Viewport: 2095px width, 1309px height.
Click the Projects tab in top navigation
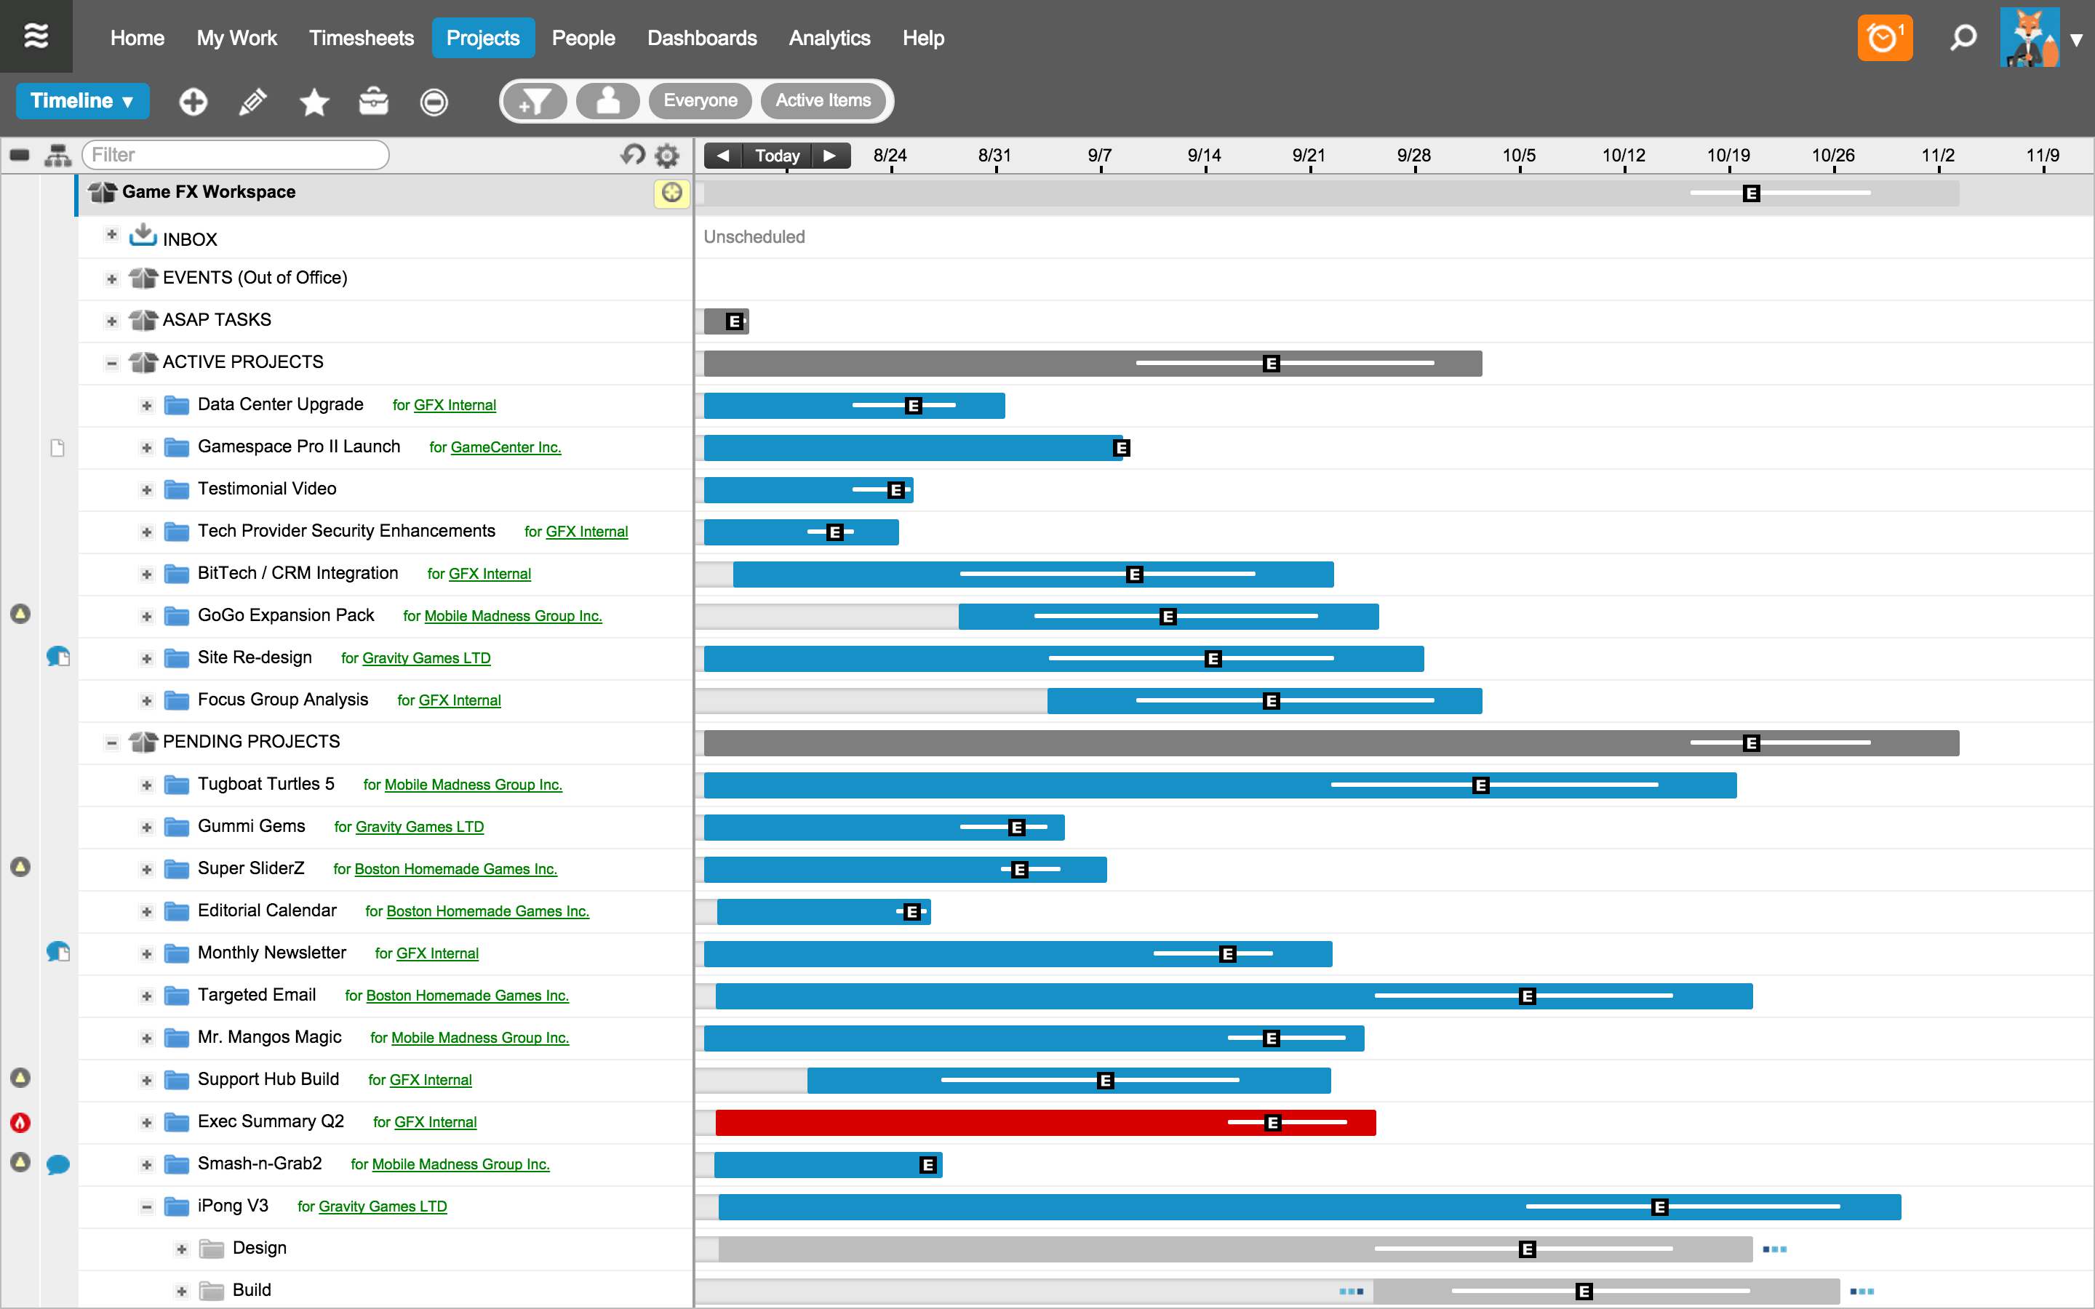click(x=482, y=38)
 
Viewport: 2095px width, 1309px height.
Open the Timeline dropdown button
click(x=82, y=101)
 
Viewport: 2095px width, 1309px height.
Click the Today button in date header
click(x=777, y=155)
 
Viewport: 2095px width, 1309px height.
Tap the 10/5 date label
click(x=1518, y=155)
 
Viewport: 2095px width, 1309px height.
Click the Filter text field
click(x=235, y=155)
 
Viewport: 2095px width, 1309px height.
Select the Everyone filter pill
click(x=700, y=100)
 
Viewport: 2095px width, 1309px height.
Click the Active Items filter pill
click(x=823, y=100)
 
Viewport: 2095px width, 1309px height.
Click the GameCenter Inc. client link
click(x=506, y=447)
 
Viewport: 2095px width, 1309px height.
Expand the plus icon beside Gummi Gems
click(x=146, y=828)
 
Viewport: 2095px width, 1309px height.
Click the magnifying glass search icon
click(x=1963, y=38)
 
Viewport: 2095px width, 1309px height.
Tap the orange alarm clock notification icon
click(x=1884, y=38)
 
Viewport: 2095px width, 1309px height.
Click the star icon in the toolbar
click(x=314, y=102)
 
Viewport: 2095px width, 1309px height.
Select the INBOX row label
click(x=190, y=239)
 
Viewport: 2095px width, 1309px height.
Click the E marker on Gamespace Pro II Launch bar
click(x=1121, y=447)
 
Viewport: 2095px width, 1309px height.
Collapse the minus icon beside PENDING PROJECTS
click(x=112, y=742)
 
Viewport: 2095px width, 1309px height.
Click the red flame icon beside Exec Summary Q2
click(x=20, y=1123)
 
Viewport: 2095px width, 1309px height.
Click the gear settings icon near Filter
click(x=666, y=156)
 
